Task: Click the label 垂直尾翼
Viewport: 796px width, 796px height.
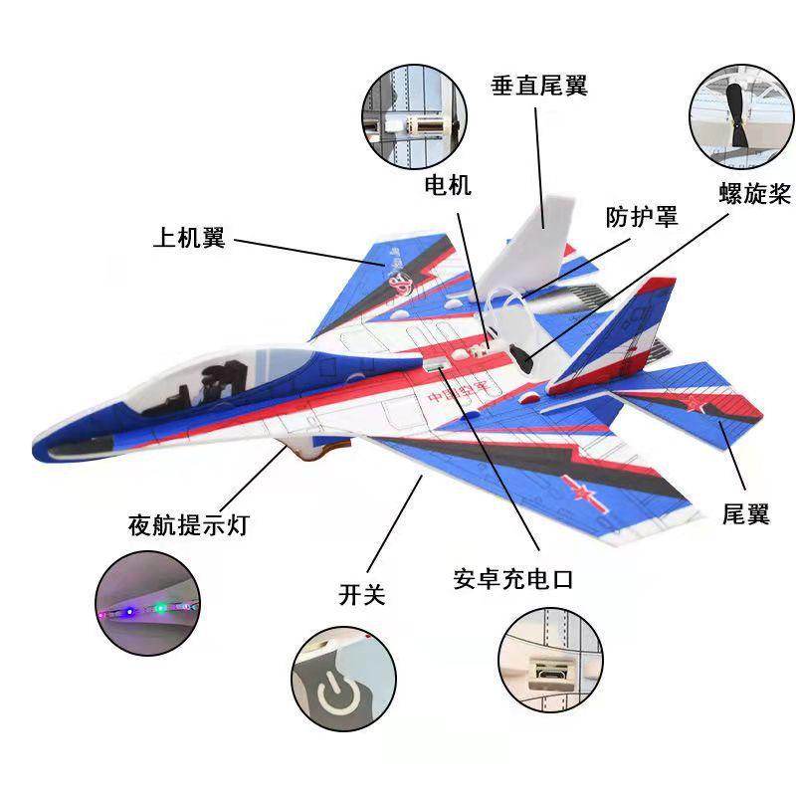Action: coord(538,86)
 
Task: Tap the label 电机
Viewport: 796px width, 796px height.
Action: coord(448,185)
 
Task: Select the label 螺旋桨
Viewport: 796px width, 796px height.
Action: coord(755,193)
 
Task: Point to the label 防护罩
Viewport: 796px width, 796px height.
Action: coord(642,217)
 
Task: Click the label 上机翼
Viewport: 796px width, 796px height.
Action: coord(189,237)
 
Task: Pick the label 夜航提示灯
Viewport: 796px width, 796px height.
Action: coord(188,524)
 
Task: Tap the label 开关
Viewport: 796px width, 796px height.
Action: coord(362,594)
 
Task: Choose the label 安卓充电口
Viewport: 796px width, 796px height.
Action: coord(513,579)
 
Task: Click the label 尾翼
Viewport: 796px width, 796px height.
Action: coord(745,513)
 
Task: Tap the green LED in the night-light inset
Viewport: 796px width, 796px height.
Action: coord(160,607)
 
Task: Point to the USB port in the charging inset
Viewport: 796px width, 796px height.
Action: coord(550,673)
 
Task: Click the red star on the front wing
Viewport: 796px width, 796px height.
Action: coord(582,492)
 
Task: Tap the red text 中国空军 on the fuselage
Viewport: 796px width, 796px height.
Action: coord(458,391)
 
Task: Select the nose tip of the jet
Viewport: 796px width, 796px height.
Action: coord(36,451)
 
